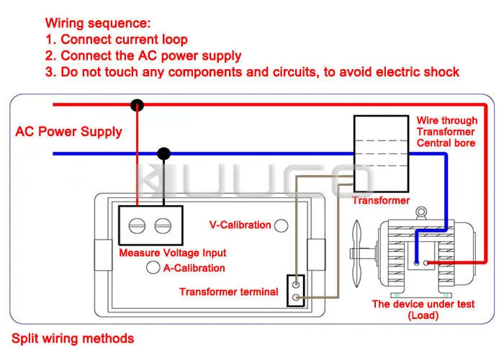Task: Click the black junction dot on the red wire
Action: point(138,105)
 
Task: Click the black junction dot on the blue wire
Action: point(164,153)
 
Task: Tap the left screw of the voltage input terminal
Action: point(137,225)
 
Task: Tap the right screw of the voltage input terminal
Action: point(163,225)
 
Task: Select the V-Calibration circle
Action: point(282,225)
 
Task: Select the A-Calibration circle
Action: point(153,267)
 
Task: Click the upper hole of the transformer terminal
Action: point(296,284)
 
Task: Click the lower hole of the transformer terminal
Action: point(296,297)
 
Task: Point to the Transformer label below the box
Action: point(381,201)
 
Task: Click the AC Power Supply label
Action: point(69,132)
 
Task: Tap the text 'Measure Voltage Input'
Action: point(173,253)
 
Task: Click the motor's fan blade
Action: point(356,253)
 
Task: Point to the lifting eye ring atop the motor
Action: point(421,212)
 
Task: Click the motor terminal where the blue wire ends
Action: point(417,263)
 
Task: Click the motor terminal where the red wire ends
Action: point(426,263)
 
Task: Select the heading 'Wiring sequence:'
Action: point(98,23)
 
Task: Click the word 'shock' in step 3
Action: point(441,72)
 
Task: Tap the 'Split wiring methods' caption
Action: point(73,339)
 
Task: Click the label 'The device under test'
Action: point(423,304)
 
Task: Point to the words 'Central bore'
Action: point(446,143)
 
